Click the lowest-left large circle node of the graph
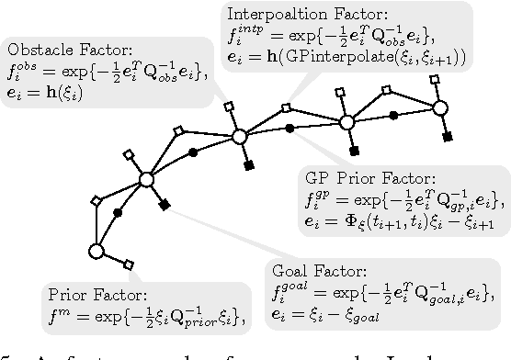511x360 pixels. [96, 251]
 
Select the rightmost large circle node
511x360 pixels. [439, 108]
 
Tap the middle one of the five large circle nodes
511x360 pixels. [239, 137]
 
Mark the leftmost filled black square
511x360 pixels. [165, 205]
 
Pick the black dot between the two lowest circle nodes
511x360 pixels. [118, 213]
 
